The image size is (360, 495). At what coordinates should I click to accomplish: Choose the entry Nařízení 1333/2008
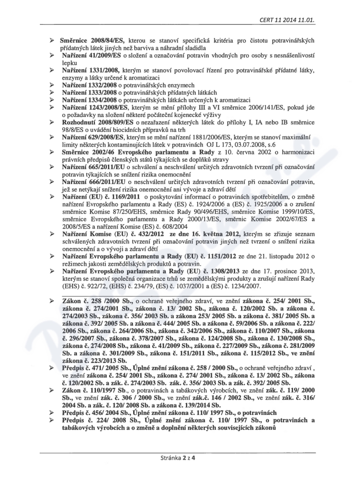point(90,93)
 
